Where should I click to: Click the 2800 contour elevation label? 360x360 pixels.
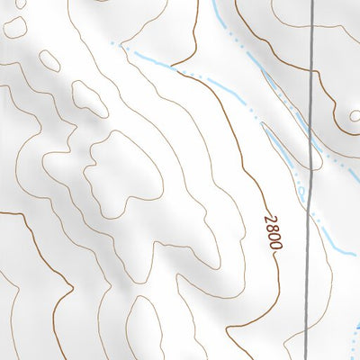(274, 232)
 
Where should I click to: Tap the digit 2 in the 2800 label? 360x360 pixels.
(270, 220)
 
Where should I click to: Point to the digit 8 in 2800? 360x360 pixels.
(273, 228)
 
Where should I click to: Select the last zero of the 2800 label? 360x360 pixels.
(276, 245)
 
